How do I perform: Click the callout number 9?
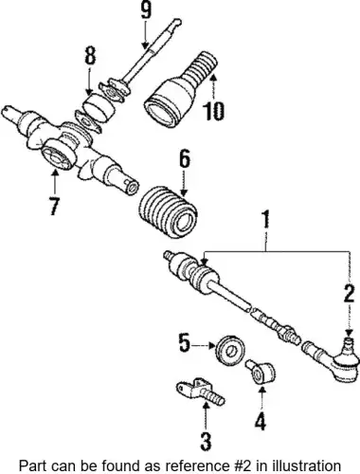point(146,10)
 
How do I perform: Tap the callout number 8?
point(90,56)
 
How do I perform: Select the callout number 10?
point(213,111)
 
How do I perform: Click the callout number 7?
point(54,206)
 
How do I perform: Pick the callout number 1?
point(266,219)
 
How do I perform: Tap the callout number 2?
point(349,293)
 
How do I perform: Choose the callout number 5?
point(185,343)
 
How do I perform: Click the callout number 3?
point(206,441)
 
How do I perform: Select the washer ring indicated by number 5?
point(230,351)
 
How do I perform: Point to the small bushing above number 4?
point(261,372)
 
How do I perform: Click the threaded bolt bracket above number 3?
point(201,392)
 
